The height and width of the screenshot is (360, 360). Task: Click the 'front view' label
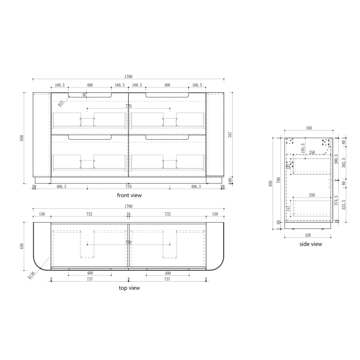[129, 195]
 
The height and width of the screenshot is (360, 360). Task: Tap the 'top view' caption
[129, 288]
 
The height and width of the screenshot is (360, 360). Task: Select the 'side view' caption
[310, 244]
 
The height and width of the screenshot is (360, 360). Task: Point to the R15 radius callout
[61, 103]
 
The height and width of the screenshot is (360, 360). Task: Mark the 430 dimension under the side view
[308, 235]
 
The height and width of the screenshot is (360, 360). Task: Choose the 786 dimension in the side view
[278, 181]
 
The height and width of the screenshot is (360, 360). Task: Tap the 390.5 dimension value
[336, 159]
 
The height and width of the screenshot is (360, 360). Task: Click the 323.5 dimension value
[344, 205]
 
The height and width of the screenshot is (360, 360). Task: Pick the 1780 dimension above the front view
[128, 77]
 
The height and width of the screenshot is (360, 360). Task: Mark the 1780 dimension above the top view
[128, 206]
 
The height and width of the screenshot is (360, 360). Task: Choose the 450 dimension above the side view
[308, 128]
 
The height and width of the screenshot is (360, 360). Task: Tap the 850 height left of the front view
[22, 138]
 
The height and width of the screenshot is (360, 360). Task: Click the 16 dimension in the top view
[128, 214]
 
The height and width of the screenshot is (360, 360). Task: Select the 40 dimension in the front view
[84, 95]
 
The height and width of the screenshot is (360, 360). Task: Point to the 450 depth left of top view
[22, 246]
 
